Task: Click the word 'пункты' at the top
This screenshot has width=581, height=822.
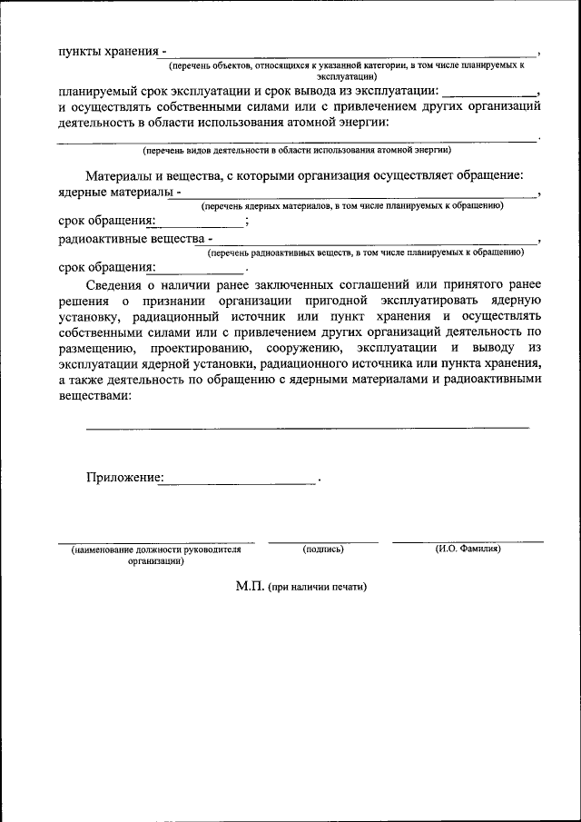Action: coord(78,51)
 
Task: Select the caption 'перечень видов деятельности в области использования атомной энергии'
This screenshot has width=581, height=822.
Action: coord(297,149)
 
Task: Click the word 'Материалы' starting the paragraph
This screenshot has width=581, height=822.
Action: coord(121,175)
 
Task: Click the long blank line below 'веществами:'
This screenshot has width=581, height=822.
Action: coord(307,426)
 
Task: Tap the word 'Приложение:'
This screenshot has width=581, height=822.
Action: coord(125,477)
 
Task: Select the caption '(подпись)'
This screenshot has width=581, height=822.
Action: coord(322,549)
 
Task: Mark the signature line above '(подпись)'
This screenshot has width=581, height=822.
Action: coord(322,541)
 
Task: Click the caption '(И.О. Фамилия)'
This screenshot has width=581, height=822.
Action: coord(468,549)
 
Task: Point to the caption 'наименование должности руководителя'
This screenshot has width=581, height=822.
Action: coord(156,550)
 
